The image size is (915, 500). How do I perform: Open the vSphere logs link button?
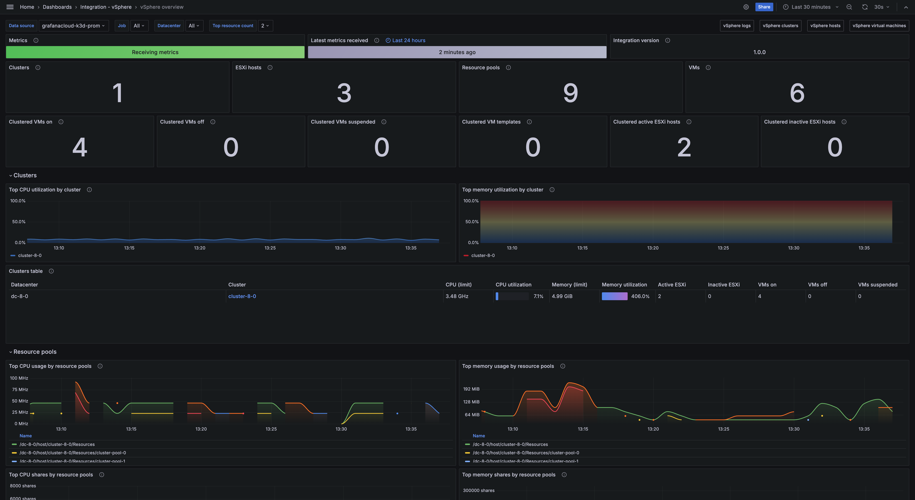737,26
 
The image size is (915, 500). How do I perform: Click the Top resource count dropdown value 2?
265,26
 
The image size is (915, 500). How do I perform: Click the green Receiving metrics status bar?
155,52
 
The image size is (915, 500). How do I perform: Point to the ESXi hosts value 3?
344,93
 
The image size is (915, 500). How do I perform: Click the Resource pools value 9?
570,93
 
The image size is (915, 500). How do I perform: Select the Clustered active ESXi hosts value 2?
684,147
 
